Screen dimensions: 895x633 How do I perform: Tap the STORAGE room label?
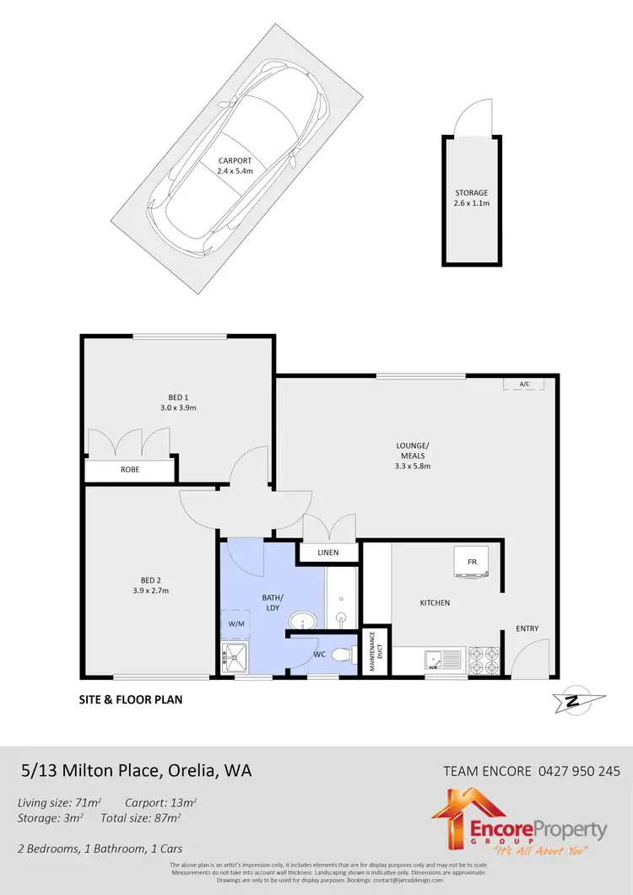tap(472, 193)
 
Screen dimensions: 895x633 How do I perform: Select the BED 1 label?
tap(178, 396)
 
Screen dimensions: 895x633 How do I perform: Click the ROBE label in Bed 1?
tap(130, 469)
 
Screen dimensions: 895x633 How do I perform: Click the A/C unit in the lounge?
tap(524, 385)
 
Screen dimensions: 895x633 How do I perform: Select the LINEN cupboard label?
tap(328, 553)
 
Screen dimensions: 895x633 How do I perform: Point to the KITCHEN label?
tap(435, 603)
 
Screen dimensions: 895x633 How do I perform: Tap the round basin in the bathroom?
tap(301, 623)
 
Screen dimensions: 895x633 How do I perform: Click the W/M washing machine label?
tap(235, 623)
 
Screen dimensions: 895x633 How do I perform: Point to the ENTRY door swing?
tap(534, 657)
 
